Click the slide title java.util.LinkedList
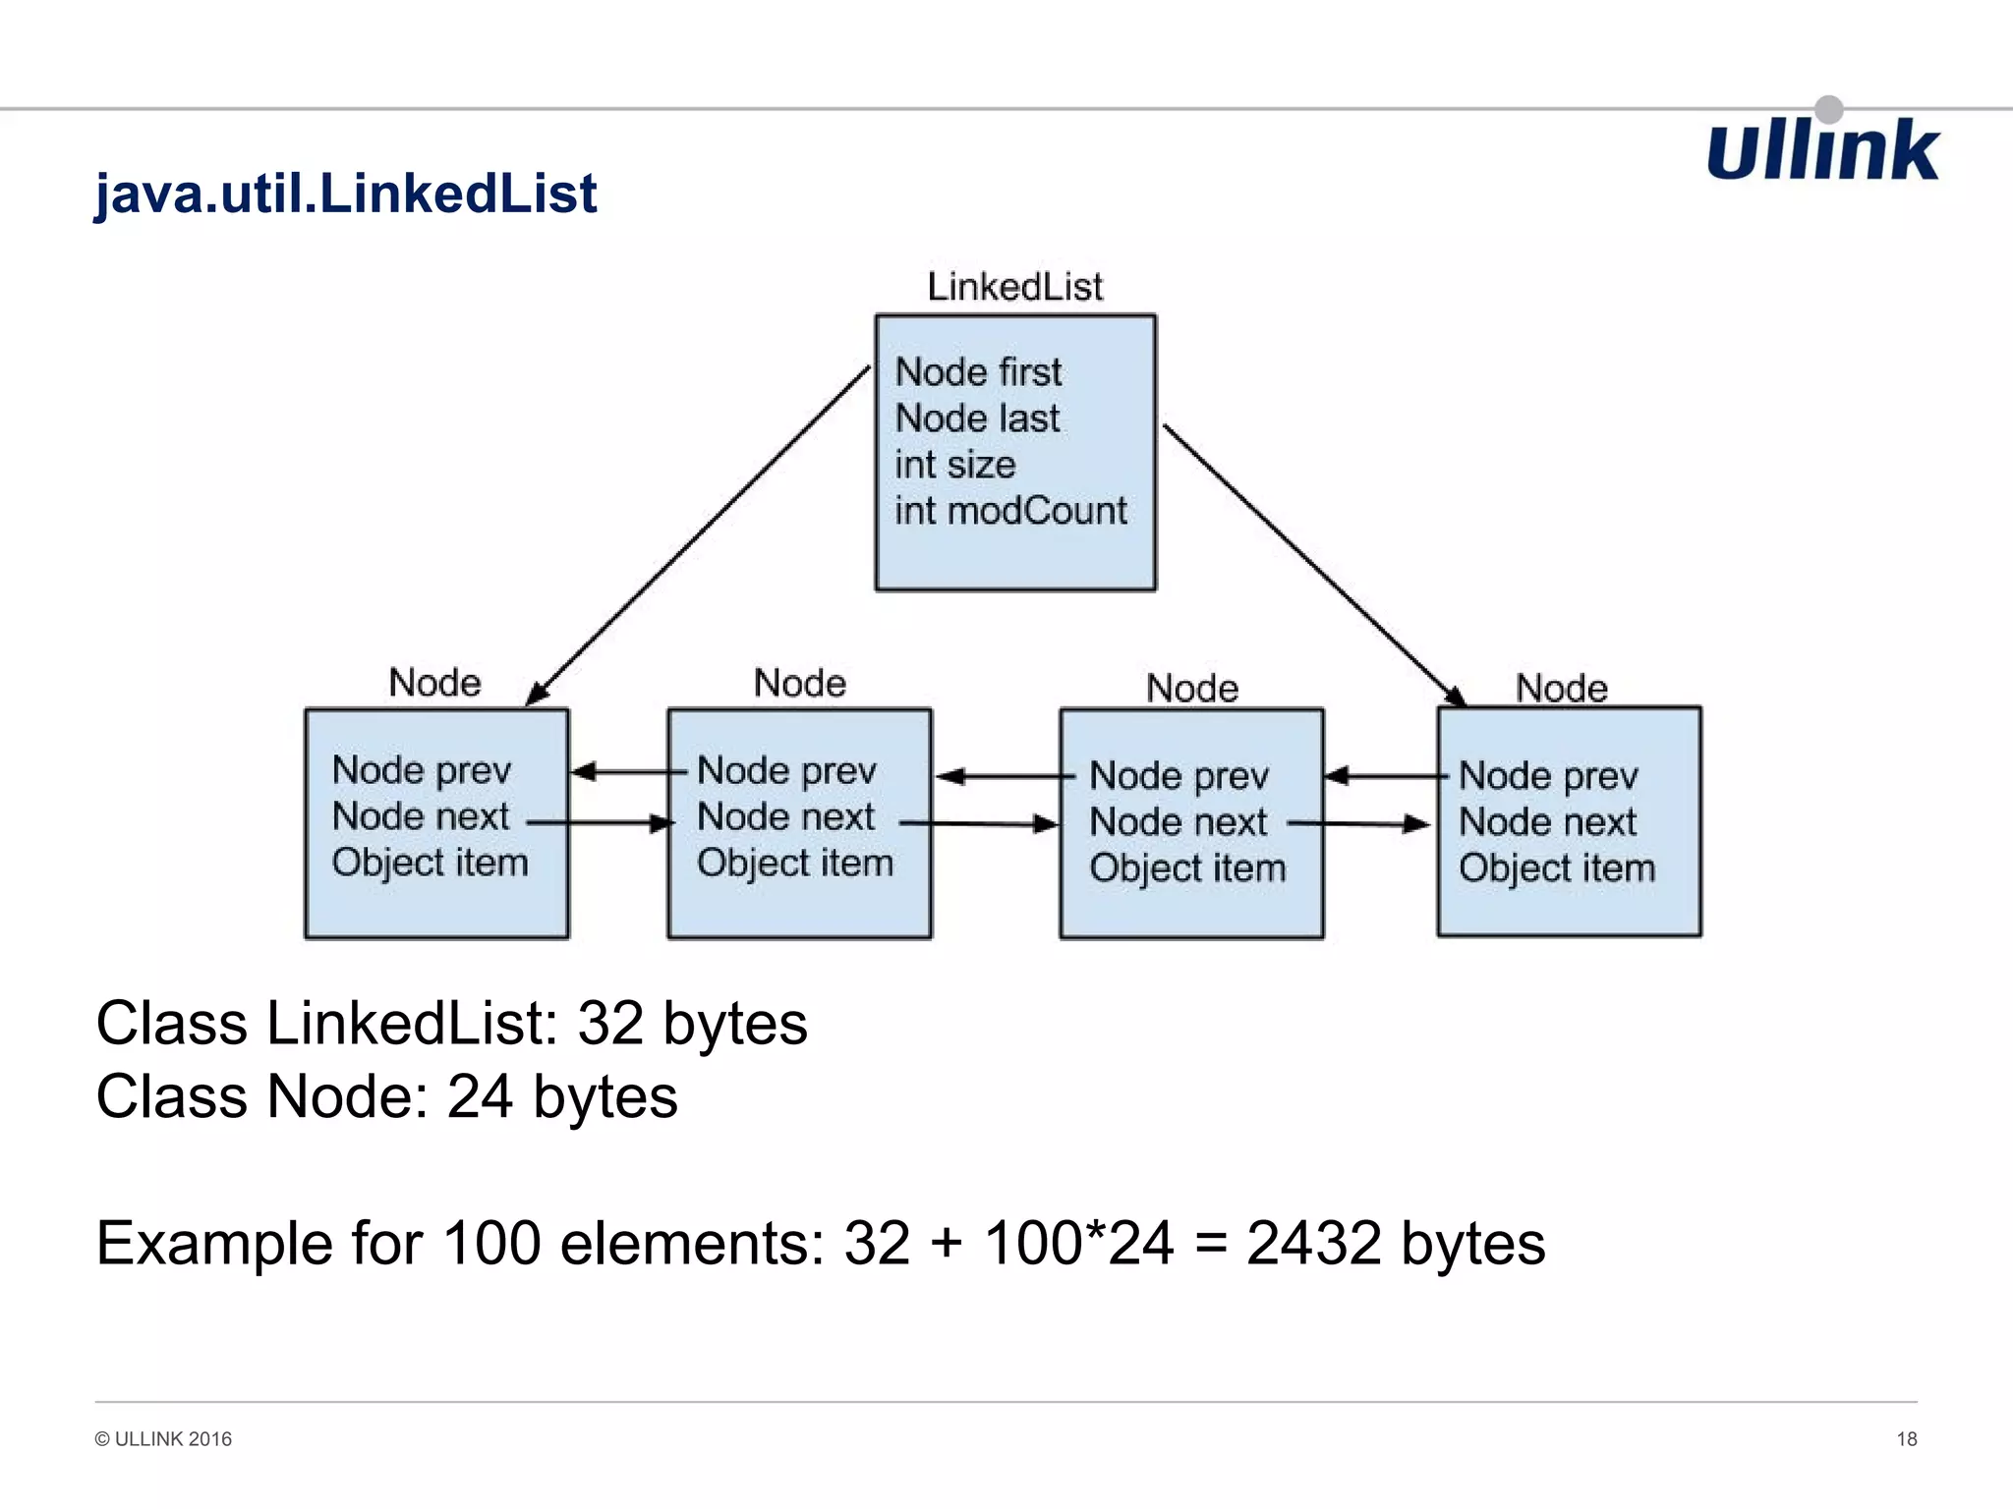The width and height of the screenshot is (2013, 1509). click(x=345, y=193)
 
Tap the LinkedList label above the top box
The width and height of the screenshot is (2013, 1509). click(x=1014, y=287)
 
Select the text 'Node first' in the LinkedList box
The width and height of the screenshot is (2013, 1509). click(x=978, y=372)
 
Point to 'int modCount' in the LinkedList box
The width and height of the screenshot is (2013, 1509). click(x=1010, y=511)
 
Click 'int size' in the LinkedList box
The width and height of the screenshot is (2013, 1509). click(x=954, y=465)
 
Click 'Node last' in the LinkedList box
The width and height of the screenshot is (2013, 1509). click(x=977, y=419)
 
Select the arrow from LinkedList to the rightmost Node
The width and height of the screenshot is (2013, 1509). click(x=1312, y=563)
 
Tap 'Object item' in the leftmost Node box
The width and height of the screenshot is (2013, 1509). click(x=430, y=863)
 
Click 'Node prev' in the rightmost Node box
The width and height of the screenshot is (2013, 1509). click(x=1548, y=776)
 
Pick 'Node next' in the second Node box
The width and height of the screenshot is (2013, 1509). click(x=785, y=816)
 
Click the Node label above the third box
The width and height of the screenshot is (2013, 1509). click(x=1192, y=688)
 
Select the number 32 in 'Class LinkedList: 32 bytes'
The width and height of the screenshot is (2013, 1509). click(x=609, y=1024)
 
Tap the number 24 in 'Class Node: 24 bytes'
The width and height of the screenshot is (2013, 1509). click(x=480, y=1096)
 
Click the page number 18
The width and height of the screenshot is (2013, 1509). click(x=1906, y=1439)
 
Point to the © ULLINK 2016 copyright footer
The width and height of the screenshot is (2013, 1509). click(x=163, y=1439)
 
